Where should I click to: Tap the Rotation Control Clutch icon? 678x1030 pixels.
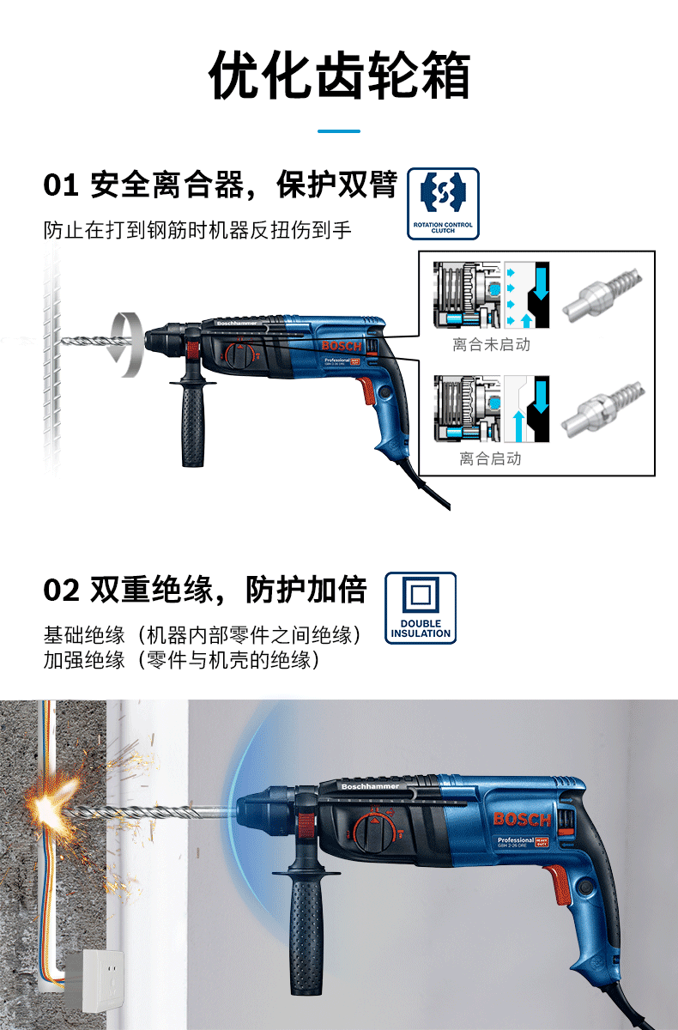click(x=443, y=203)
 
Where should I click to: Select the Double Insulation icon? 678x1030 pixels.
click(x=421, y=608)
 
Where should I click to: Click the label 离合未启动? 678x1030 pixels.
click(x=491, y=345)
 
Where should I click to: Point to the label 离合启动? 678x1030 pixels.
click(x=490, y=459)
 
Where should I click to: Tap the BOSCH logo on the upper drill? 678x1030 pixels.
click(x=342, y=346)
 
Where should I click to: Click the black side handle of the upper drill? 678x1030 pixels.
click(x=193, y=425)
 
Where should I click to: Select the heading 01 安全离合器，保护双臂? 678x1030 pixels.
click(x=220, y=185)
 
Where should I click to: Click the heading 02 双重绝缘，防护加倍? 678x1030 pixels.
click(x=205, y=591)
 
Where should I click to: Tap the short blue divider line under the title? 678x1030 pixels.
click(x=339, y=131)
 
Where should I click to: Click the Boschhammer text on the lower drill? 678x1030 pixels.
click(x=366, y=786)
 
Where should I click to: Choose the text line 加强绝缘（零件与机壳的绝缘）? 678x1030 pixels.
click(x=182, y=660)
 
